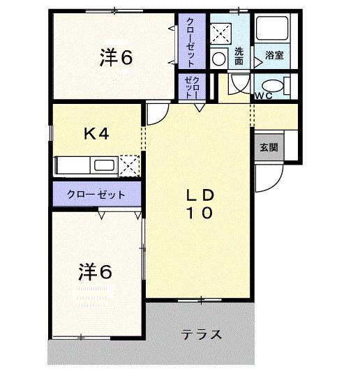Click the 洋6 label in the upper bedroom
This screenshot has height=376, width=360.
coord(115,59)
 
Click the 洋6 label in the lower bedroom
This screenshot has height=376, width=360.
coord(95,271)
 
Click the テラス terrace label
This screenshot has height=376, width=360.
coord(202,334)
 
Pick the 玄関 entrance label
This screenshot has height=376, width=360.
coord(269,147)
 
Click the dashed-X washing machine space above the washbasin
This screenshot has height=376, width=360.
coord(220,33)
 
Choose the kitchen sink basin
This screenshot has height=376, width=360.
coord(104,165)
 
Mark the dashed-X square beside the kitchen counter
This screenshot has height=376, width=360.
coord(129,165)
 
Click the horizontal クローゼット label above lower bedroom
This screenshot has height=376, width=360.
coord(96,195)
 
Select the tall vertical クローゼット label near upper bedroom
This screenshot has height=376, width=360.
coord(190,40)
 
